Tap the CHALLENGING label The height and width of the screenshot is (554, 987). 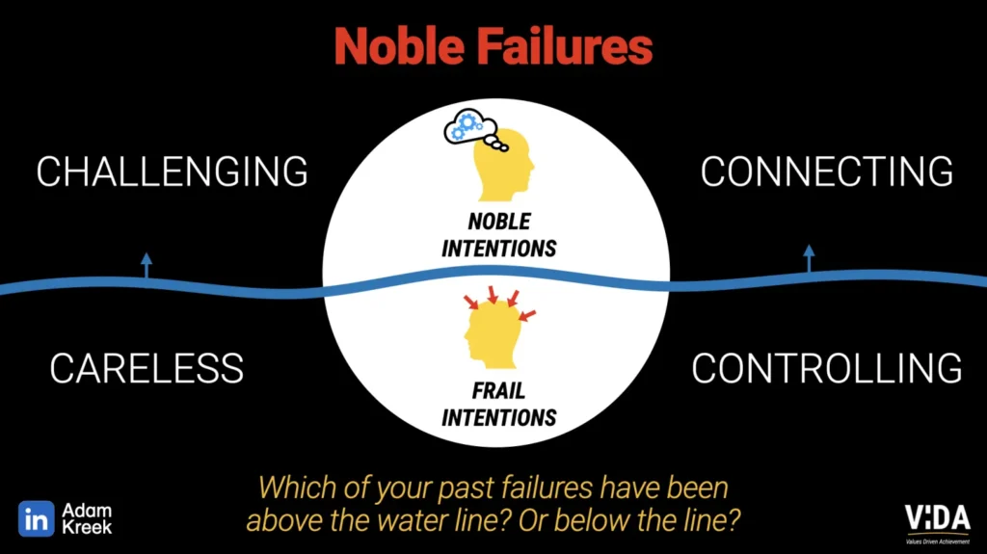coord(173,171)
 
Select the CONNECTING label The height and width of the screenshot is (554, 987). coord(827,171)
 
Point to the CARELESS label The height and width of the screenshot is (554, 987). coord(147,368)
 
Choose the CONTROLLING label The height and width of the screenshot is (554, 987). coord(827,368)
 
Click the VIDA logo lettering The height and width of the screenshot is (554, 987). coord(937,516)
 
